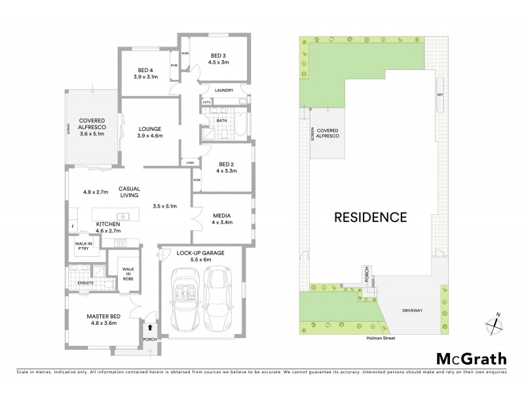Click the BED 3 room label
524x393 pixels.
[219, 55]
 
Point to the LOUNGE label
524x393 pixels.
[150, 128]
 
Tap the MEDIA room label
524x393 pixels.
[221, 214]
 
